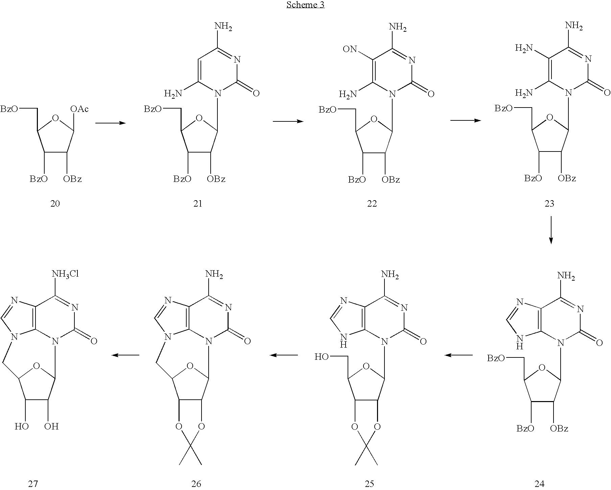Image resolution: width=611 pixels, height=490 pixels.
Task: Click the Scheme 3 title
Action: pyautogui.click(x=305, y=5)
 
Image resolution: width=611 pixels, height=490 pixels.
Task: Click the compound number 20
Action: pyautogui.click(x=55, y=204)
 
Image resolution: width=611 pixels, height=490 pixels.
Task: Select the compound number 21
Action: pyautogui.click(x=198, y=204)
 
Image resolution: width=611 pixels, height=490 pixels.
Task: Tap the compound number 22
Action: pyautogui.click(x=372, y=204)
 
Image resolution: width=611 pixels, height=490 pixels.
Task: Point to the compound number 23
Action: pyautogui.click(x=549, y=204)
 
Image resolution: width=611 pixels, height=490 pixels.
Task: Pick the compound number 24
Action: pyautogui.click(x=539, y=484)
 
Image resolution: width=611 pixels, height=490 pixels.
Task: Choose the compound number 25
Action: pyautogui.click(x=370, y=484)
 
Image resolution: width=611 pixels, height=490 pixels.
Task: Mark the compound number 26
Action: pyautogui.click(x=196, y=484)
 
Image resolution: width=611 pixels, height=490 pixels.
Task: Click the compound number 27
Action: pyautogui.click(x=33, y=484)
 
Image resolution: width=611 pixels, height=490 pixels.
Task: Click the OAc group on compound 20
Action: pyautogui.click(x=79, y=109)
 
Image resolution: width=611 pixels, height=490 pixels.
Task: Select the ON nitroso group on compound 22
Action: pyautogui.click(x=350, y=49)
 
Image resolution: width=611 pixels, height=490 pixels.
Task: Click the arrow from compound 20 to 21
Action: pyautogui.click(x=111, y=123)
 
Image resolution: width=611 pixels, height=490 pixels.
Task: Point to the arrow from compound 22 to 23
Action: pyautogui.click(x=466, y=120)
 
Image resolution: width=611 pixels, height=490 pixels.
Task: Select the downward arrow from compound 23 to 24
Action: pyautogui.click(x=551, y=230)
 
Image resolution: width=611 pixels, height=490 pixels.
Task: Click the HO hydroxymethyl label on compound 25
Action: pyautogui.click(x=322, y=357)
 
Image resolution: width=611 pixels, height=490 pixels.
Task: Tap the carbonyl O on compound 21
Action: pyautogui.click(x=256, y=93)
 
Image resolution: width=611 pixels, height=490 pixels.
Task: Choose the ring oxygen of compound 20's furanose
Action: pyautogui.click(x=56, y=118)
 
